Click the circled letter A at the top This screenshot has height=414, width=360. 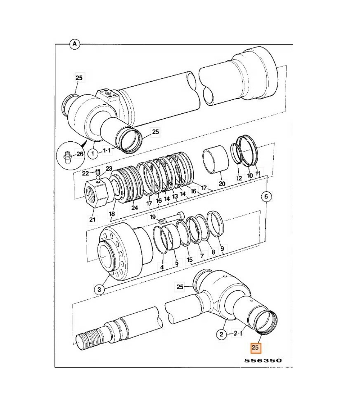(x=75, y=44)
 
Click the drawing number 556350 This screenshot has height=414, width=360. (x=262, y=360)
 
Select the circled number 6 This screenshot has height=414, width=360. (x=266, y=196)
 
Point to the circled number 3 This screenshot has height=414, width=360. (x=100, y=289)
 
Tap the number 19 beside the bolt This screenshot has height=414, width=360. (x=153, y=217)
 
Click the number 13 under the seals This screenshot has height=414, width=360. (x=175, y=196)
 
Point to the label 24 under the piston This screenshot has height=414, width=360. (x=135, y=208)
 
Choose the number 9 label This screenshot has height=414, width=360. (x=222, y=248)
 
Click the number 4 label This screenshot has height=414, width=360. (x=162, y=267)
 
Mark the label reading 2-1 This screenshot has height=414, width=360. (x=238, y=334)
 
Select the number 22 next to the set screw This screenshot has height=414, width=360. (x=85, y=173)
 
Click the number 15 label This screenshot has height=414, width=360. (x=190, y=259)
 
